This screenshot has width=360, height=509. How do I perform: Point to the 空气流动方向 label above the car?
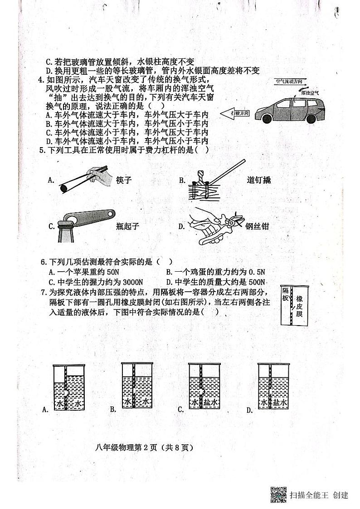pos(288,82)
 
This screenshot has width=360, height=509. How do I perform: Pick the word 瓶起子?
pos(127,226)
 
